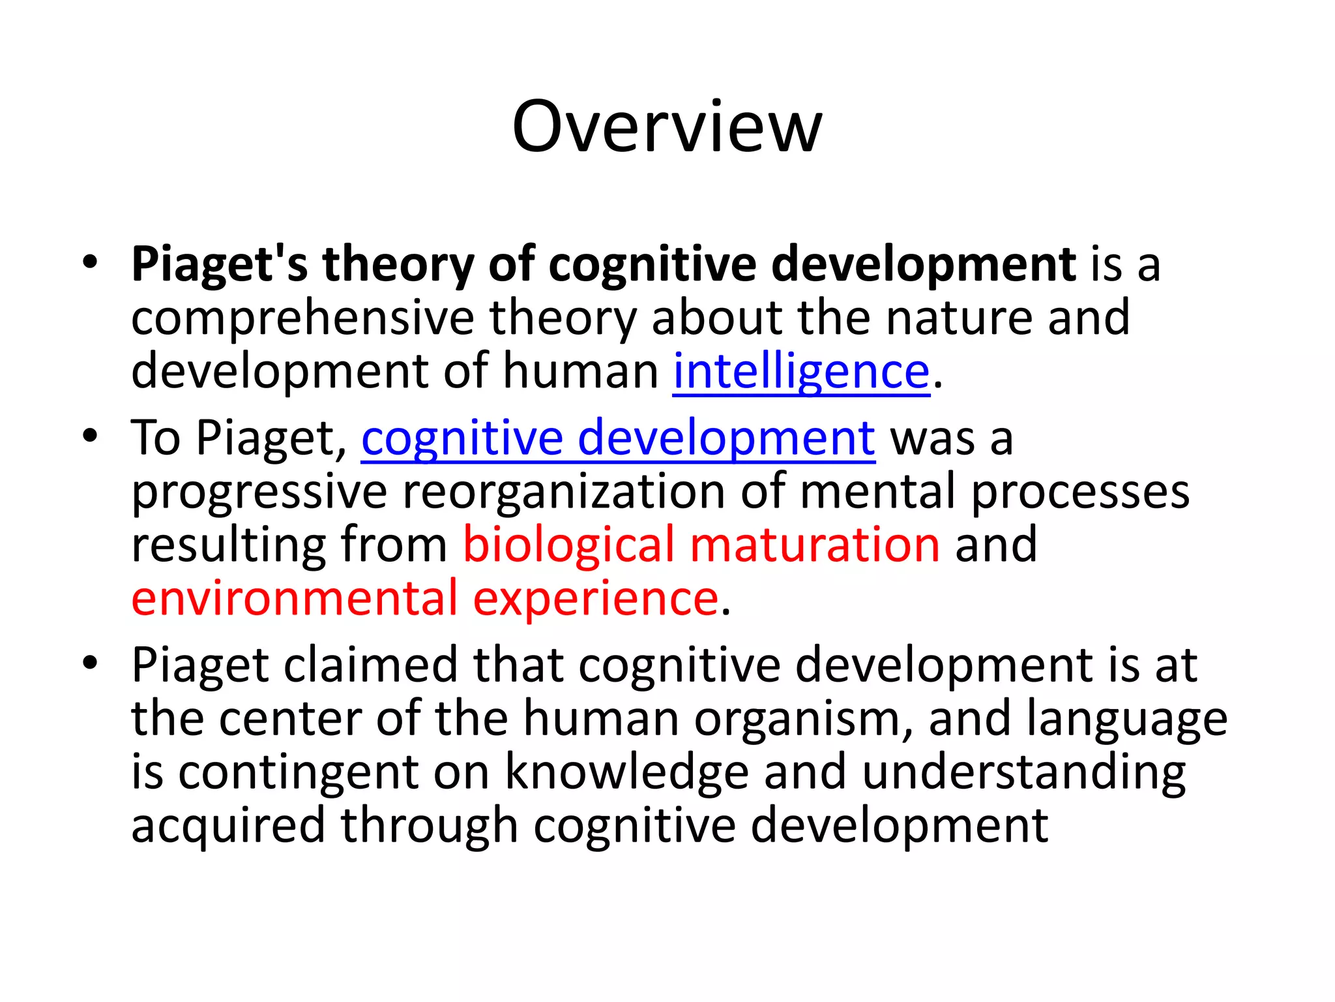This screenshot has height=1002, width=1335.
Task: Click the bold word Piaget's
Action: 219,264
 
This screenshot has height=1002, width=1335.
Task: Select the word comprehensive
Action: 302,318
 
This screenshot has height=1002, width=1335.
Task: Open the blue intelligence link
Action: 801,371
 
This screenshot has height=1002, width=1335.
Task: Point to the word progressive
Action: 259,493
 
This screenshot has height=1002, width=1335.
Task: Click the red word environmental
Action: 295,598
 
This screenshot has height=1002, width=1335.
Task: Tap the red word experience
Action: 595,598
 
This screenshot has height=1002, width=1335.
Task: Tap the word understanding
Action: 1023,772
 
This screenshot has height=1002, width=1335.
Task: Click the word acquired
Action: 228,826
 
